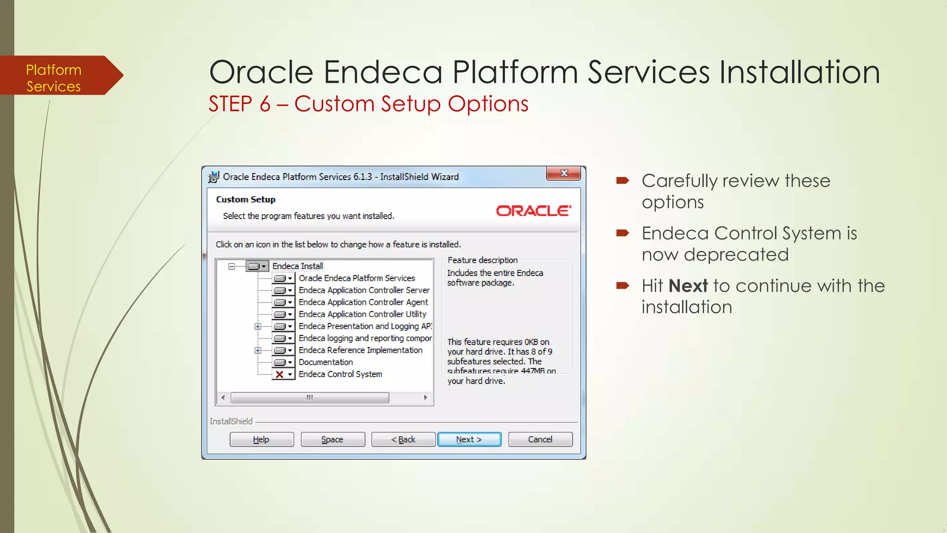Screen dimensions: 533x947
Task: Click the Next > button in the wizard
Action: (x=469, y=439)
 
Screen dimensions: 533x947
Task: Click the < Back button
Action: (x=403, y=439)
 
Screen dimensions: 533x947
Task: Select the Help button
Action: (x=261, y=439)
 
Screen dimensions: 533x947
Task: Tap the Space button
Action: (x=332, y=439)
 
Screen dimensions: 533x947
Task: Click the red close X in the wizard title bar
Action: (x=564, y=174)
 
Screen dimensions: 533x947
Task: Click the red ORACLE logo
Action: (x=533, y=211)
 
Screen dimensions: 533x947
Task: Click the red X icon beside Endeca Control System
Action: (x=280, y=374)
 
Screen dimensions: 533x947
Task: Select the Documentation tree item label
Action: (x=326, y=362)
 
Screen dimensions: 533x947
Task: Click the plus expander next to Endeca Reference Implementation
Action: (x=258, y=350)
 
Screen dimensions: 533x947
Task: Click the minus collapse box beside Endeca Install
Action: (x=232, y=266)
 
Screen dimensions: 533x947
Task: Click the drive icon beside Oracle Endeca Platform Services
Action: (x=280, y=278)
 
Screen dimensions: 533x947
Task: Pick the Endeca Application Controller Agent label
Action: (x=363, y=302)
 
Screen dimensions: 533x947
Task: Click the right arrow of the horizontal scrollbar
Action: (x=425, y=397)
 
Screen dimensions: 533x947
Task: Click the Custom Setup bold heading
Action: (x=246, y=199)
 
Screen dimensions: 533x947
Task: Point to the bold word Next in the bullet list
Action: (x=688, y=286)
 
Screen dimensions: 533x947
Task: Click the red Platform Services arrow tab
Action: (x=55, y=78)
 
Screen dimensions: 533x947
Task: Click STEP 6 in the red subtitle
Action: (x=239, y=104)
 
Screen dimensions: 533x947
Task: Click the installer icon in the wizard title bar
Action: (x=214, y=177)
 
